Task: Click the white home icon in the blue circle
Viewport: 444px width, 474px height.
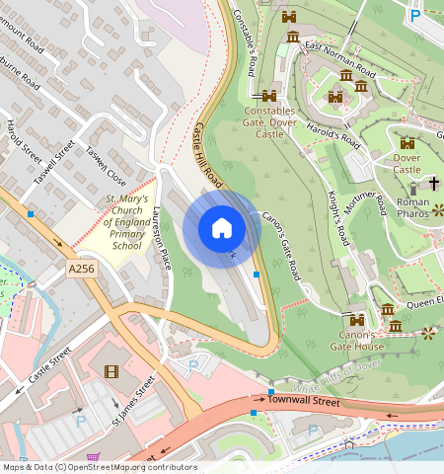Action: click(222, 228)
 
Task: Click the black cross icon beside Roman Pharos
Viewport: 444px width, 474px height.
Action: click(433, 184)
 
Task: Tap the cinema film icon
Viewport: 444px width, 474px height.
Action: click(110, 372)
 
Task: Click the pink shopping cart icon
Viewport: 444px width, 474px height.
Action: click(94, 457)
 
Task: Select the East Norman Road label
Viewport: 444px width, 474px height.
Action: click(338, 60)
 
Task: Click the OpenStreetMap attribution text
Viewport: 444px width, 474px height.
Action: click(99, 467)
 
